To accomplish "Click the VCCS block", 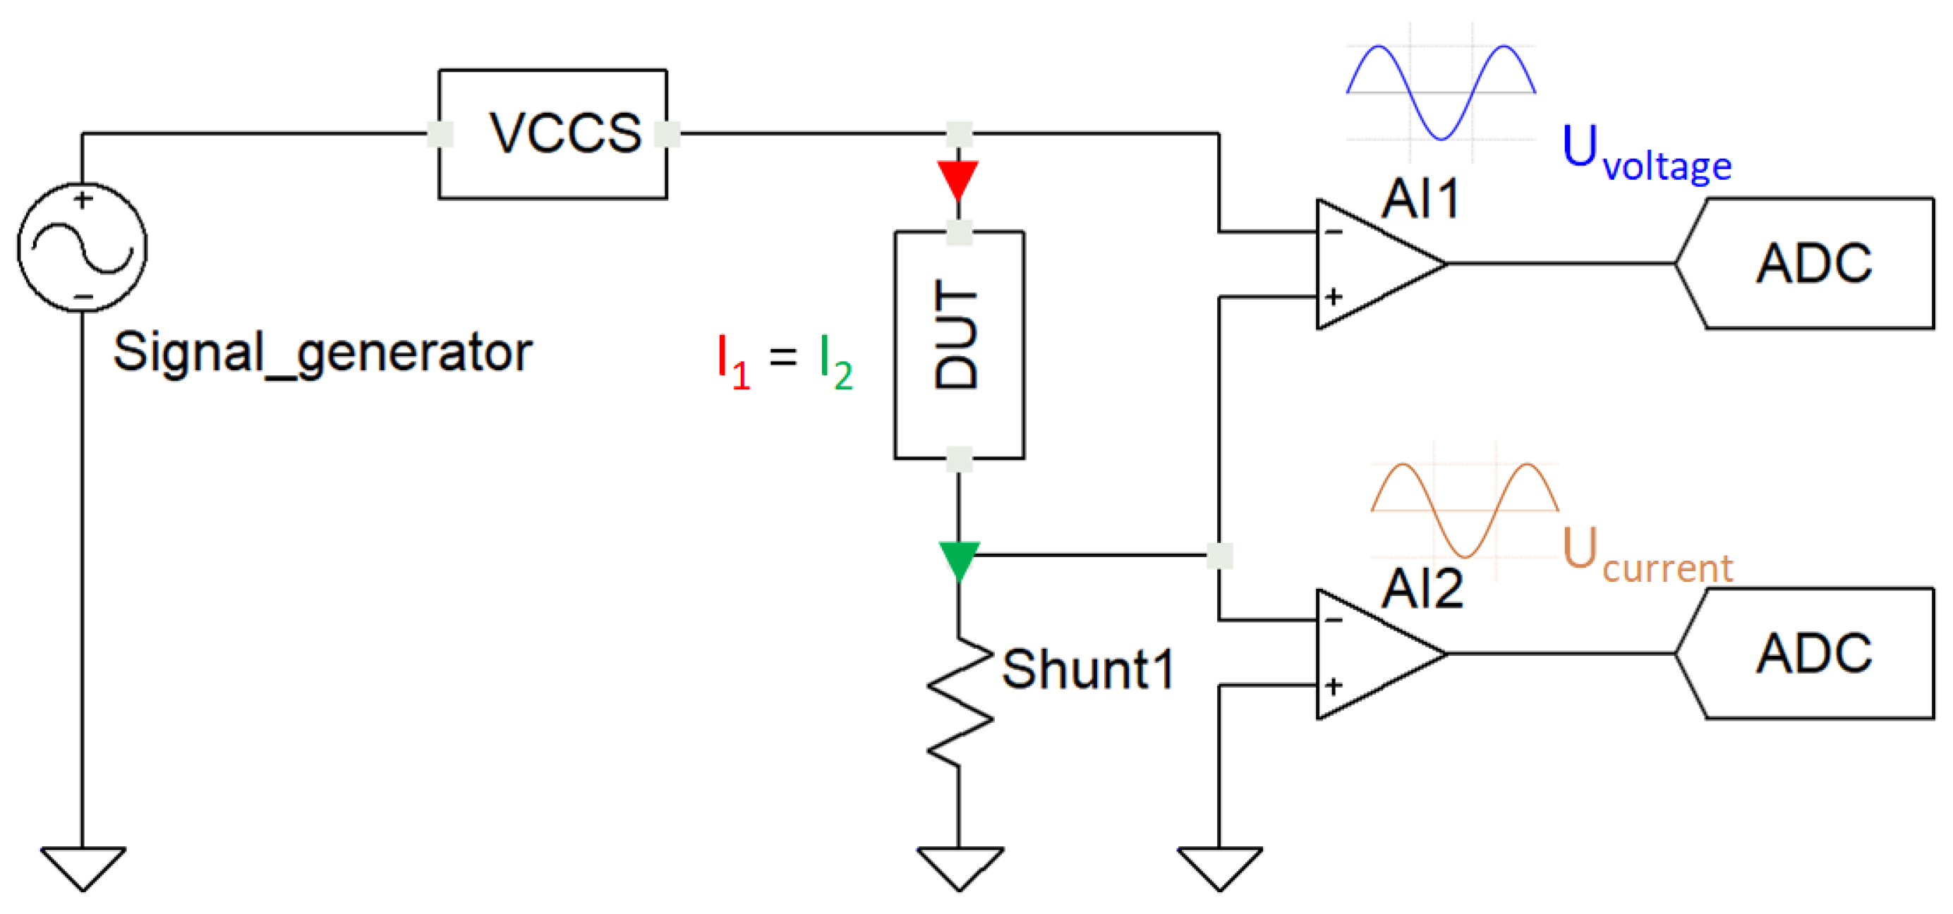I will click(x=552, y=134).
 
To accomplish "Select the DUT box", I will click(x=958, y=345).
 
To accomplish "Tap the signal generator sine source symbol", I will click(x=82, y=247).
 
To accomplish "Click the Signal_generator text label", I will click(x=322, y=353).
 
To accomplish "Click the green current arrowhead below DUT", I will click(x=959, y=559).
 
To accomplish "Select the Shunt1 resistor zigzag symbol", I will click(x=960, y=701).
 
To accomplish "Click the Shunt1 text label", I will click(x=1088, y=670).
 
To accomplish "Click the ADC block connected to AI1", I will click(x=1812, y=264).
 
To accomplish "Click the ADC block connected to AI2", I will click(x=1812, y=653).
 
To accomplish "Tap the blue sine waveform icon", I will click(x=1441, y=92).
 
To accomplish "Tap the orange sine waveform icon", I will click(x=1465, y=510).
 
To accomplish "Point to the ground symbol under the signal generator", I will click(x=83, y=867).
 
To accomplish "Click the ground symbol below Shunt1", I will click(x=960, y=867).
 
